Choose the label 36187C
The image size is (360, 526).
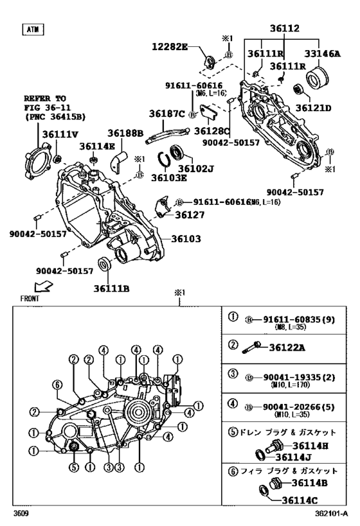[x=166, y=114]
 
